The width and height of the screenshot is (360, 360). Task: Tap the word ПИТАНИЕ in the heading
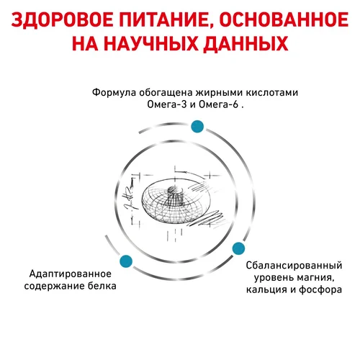point(165,21)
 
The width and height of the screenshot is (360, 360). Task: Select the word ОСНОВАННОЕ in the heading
point(284,20)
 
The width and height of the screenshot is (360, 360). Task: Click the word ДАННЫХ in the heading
point(246,44)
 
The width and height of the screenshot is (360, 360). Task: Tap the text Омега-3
point(167,104)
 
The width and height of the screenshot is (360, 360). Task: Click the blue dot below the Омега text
point(197,127)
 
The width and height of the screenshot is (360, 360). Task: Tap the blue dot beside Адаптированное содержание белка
point(126,261)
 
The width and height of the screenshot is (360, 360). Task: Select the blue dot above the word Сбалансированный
point(239,248)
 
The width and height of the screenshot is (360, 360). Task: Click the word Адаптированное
point(71,274)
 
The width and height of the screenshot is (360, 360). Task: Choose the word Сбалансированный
point(294,266)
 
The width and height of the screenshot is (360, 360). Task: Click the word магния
point(315,278)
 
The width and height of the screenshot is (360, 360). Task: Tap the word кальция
point(266,289)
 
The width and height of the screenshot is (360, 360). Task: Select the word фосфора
point(320,289)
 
